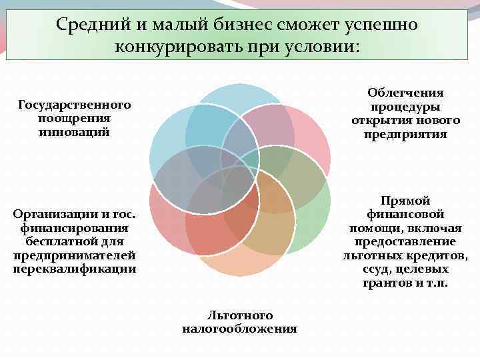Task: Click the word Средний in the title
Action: click(x=89, y=25)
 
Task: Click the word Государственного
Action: click(x=74, y=105)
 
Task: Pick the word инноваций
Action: click(x=74, y=131)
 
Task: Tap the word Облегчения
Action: click(x=405, y=93)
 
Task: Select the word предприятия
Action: click(x=405, y=134)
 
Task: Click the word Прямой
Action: click(x=405, y=201)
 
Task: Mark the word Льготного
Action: click(x=239, y=315)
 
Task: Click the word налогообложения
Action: click(x=239, y=329)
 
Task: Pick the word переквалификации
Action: click(x=74, y=269)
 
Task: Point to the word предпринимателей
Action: click(x=74, y=255)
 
